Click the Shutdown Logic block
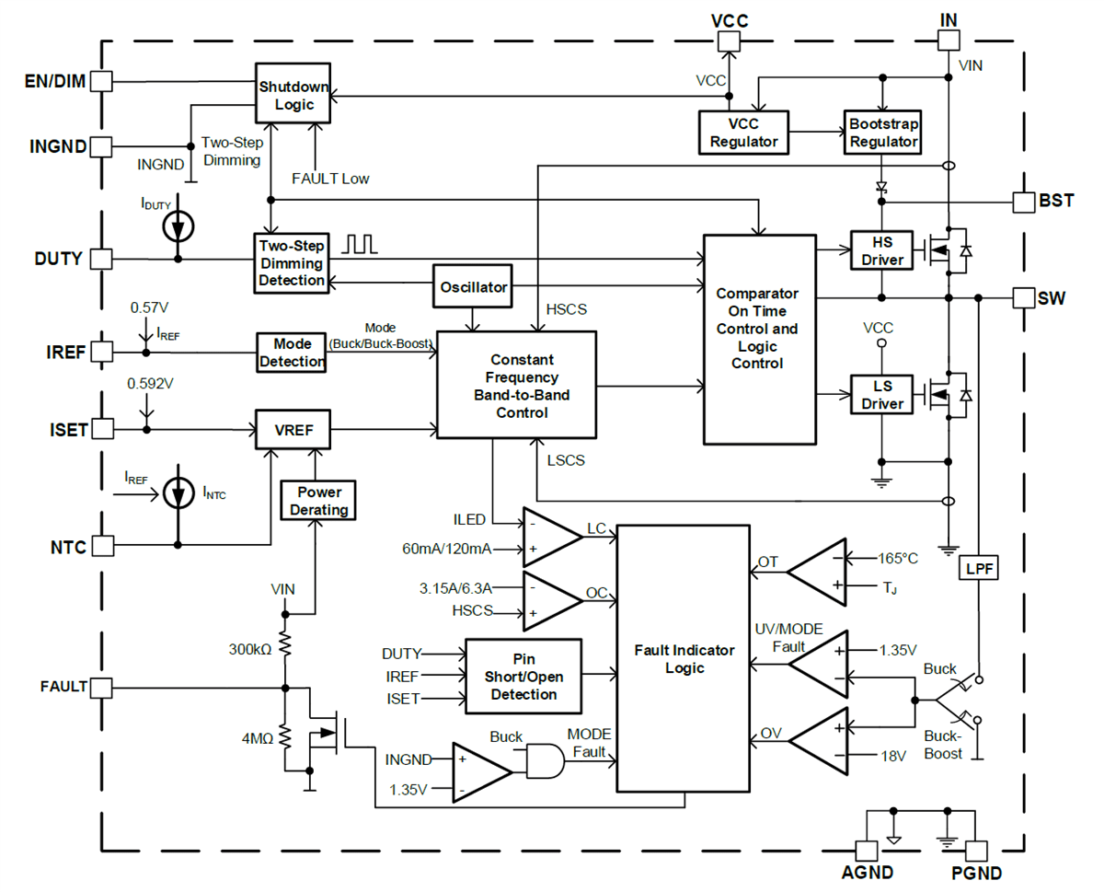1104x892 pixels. pyautogui.click(x=293, y=95)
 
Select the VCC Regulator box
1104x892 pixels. pyautogui.click(x=742, y=132)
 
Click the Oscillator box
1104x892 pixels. pyautogui.click(x=472, y=287)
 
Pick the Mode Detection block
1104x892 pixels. pyautogui.click(x=291, y=352)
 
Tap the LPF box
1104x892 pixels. pyautogui.click(x=979, y=568)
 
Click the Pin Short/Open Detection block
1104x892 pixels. pyautogui.click(x=523, y=677)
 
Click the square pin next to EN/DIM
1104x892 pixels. pyautogui.click(x=102, y=81)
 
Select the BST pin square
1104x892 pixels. pyautogui.click(x=1023, y=201)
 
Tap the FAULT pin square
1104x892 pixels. pyautogui.click(x=102, y=687)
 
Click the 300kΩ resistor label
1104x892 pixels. pyautogui.click(x=249, y=649)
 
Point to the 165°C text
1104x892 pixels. pyautogui.click(x=898, y=558)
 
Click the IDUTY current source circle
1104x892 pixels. pyautogui.click(x=178, y=225)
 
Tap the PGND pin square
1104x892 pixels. pyautogui.click(x=976, y=851)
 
